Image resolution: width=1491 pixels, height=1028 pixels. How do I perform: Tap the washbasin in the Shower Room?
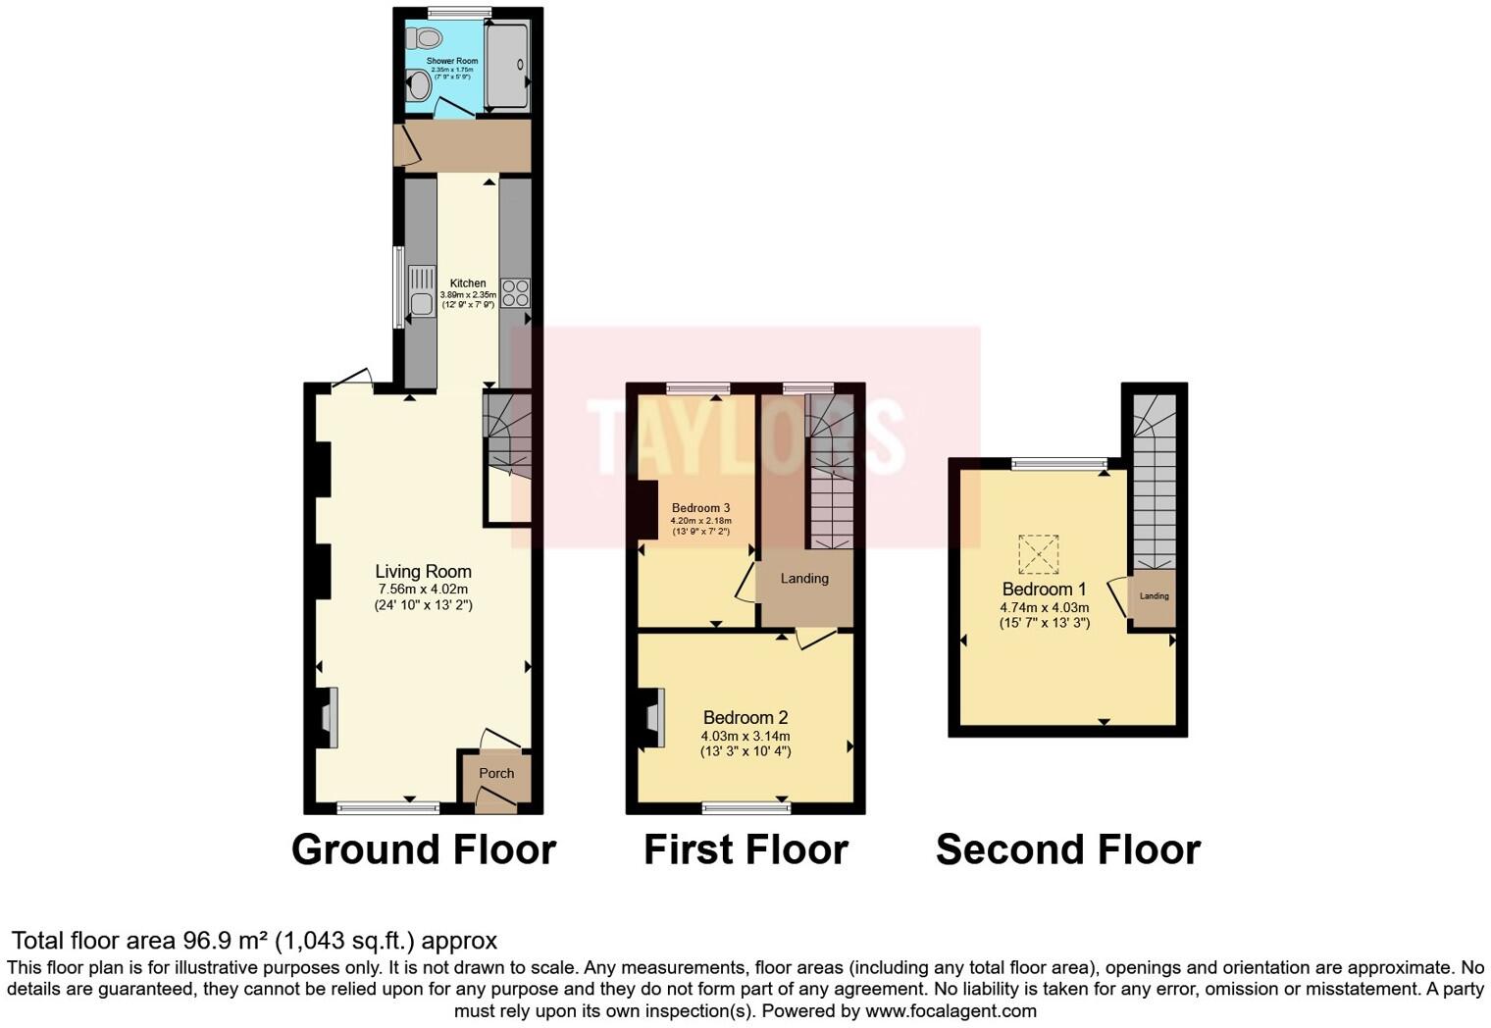pyautogui.click(x=418, y=86)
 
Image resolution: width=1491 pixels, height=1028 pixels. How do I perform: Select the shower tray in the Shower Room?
pyautogui.click(x=507, y=65)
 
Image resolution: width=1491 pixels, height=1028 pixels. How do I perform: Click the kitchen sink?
pyautogui.click(x=422, y=292)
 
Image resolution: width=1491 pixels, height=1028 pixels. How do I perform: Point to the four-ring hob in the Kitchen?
pyautogui.click(x=515, y=292)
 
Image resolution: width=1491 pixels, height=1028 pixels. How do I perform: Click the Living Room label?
pyautogui.click(x=424, y=571)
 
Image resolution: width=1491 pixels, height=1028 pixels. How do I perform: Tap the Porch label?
pyautogui.click(x=496, y=773)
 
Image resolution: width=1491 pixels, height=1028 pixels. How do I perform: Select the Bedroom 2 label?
pyautogui.click(x=745, y=717)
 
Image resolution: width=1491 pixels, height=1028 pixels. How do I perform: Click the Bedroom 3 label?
pyautogui.click(x=700, y=508)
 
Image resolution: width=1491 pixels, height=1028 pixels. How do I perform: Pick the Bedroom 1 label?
pyautogui.click(x=1044, y=590)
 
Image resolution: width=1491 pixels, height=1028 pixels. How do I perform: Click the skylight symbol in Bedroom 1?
pyautogui.click(x=1039, y=553)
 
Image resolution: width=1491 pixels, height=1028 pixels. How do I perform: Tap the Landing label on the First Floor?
pyautogui.click(x=804, y=579)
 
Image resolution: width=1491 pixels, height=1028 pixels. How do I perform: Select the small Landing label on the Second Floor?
pyautogui.click(x=1154, y=596)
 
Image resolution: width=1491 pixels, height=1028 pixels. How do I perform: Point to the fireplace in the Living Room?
pyautogui.click(x=328, y=718)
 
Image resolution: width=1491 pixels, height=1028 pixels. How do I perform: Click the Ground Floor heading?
pyautogui.click(x=424, y=849)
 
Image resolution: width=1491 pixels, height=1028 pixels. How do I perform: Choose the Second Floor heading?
pyautogui.click(x=1068, y=849)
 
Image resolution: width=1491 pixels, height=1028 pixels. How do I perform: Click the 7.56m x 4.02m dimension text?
pyautogui.click(x=424, y=590)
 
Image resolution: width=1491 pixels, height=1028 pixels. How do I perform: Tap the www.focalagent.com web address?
pyautogui.click(x=951, y=1010)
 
